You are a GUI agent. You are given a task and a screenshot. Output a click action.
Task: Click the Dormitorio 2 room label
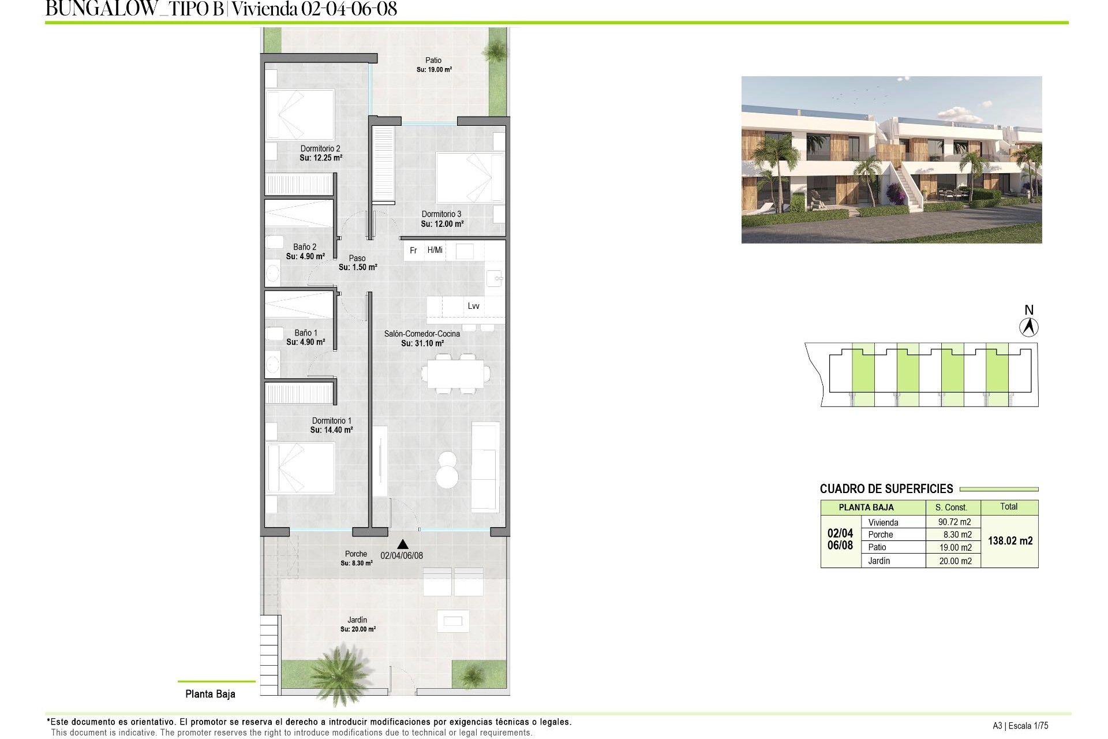320,149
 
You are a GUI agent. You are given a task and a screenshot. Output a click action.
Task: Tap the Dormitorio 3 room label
441,214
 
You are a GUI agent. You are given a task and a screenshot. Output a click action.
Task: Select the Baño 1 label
306,333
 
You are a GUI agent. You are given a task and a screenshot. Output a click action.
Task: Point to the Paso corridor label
357,259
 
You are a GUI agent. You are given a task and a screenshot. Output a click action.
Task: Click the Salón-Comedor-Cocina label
422,334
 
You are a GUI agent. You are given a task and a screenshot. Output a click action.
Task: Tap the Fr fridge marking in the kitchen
413,251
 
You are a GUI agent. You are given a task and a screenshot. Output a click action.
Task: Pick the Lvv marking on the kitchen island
473,306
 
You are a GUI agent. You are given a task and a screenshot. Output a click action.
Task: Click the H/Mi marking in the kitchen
435,250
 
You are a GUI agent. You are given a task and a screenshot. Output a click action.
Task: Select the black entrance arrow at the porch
403,544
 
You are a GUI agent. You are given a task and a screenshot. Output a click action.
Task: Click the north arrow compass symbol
1028,327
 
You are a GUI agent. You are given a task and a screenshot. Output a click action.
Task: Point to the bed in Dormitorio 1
300,468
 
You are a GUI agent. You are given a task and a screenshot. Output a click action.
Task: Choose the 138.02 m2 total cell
1010,541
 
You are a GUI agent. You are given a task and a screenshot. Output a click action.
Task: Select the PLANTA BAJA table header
866,507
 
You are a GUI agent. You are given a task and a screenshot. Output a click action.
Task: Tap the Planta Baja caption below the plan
210,694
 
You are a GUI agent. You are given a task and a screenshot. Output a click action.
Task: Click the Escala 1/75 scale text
1028,726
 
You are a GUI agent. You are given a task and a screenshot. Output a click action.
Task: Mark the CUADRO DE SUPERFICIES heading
886,489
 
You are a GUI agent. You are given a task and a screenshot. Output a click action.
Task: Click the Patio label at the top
433,60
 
